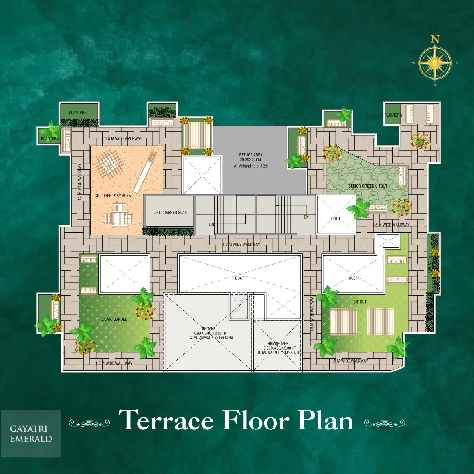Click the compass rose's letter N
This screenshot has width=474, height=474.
pyautogui.click(x=435, y=39)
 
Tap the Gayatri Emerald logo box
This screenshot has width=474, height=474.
pyautogui.click(x=31, y=434)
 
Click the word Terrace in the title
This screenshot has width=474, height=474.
pyautogui.click(x=166, y=420)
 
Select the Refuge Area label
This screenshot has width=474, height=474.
pyautogui.click(x=251, y=155)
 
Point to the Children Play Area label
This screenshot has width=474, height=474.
pyautogui.click(x=113, y=196)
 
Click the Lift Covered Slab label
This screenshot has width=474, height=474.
pyautogui.click(x=170, y=213)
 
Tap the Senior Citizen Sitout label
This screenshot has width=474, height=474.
pyautogui.click(x=367, y=186)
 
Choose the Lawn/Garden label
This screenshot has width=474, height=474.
pyautogui.click(x=115, y=319)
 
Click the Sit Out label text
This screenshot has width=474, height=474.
pyautogui.click(x=360, y=302)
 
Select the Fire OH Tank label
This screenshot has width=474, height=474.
pyautogui.click(x=278, y=343)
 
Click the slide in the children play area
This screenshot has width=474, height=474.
pyautogui.click(x=145, y=171)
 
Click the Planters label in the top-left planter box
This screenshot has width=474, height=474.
pyautogui.click(x=77, y=113)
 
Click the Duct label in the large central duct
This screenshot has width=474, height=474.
pyautogui.click(x=239, y=278)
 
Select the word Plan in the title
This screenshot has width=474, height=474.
pyautogui.click(x=326, y=420)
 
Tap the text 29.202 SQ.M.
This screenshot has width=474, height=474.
pyautogui.click(x=251, y=160)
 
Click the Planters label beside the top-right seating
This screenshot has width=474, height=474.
pyautogui.click(x=393, y=115)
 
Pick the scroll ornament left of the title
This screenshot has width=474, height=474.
pyautogui.click(x=89, y=423)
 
